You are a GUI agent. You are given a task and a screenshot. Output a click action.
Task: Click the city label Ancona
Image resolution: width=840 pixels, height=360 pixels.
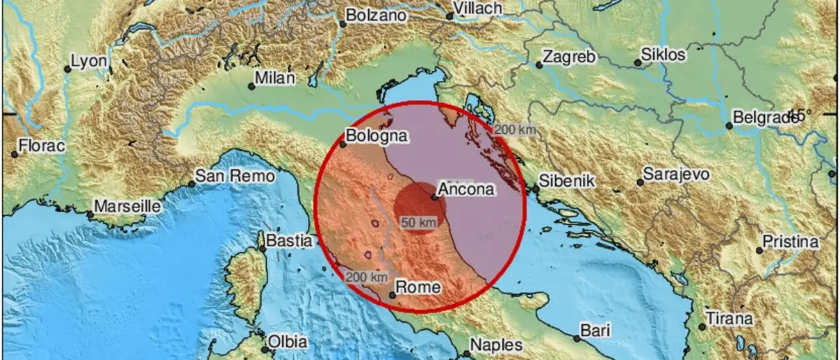466,188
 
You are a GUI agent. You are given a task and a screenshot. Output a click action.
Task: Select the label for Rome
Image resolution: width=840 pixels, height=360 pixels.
418,286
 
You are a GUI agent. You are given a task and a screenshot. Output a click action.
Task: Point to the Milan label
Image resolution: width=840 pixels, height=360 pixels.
275,78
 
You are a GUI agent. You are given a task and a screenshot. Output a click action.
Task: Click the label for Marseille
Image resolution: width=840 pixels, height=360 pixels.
127,207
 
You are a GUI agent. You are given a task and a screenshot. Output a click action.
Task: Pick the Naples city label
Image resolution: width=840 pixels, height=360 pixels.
496,345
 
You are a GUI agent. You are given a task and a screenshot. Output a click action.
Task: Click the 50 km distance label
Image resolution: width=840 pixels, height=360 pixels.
419,222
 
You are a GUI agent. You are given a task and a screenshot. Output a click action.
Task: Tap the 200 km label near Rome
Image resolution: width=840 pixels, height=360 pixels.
366,277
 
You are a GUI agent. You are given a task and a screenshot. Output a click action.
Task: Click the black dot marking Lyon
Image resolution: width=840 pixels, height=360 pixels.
68,69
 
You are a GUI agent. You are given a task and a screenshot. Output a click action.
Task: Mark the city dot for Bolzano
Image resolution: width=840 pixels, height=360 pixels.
343,24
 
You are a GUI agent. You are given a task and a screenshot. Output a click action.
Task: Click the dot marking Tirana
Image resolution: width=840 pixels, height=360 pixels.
702,327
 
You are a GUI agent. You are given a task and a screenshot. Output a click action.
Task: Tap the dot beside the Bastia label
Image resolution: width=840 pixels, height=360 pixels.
263,249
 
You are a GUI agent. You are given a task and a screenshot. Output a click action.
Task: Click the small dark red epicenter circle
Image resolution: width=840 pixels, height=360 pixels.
419,205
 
